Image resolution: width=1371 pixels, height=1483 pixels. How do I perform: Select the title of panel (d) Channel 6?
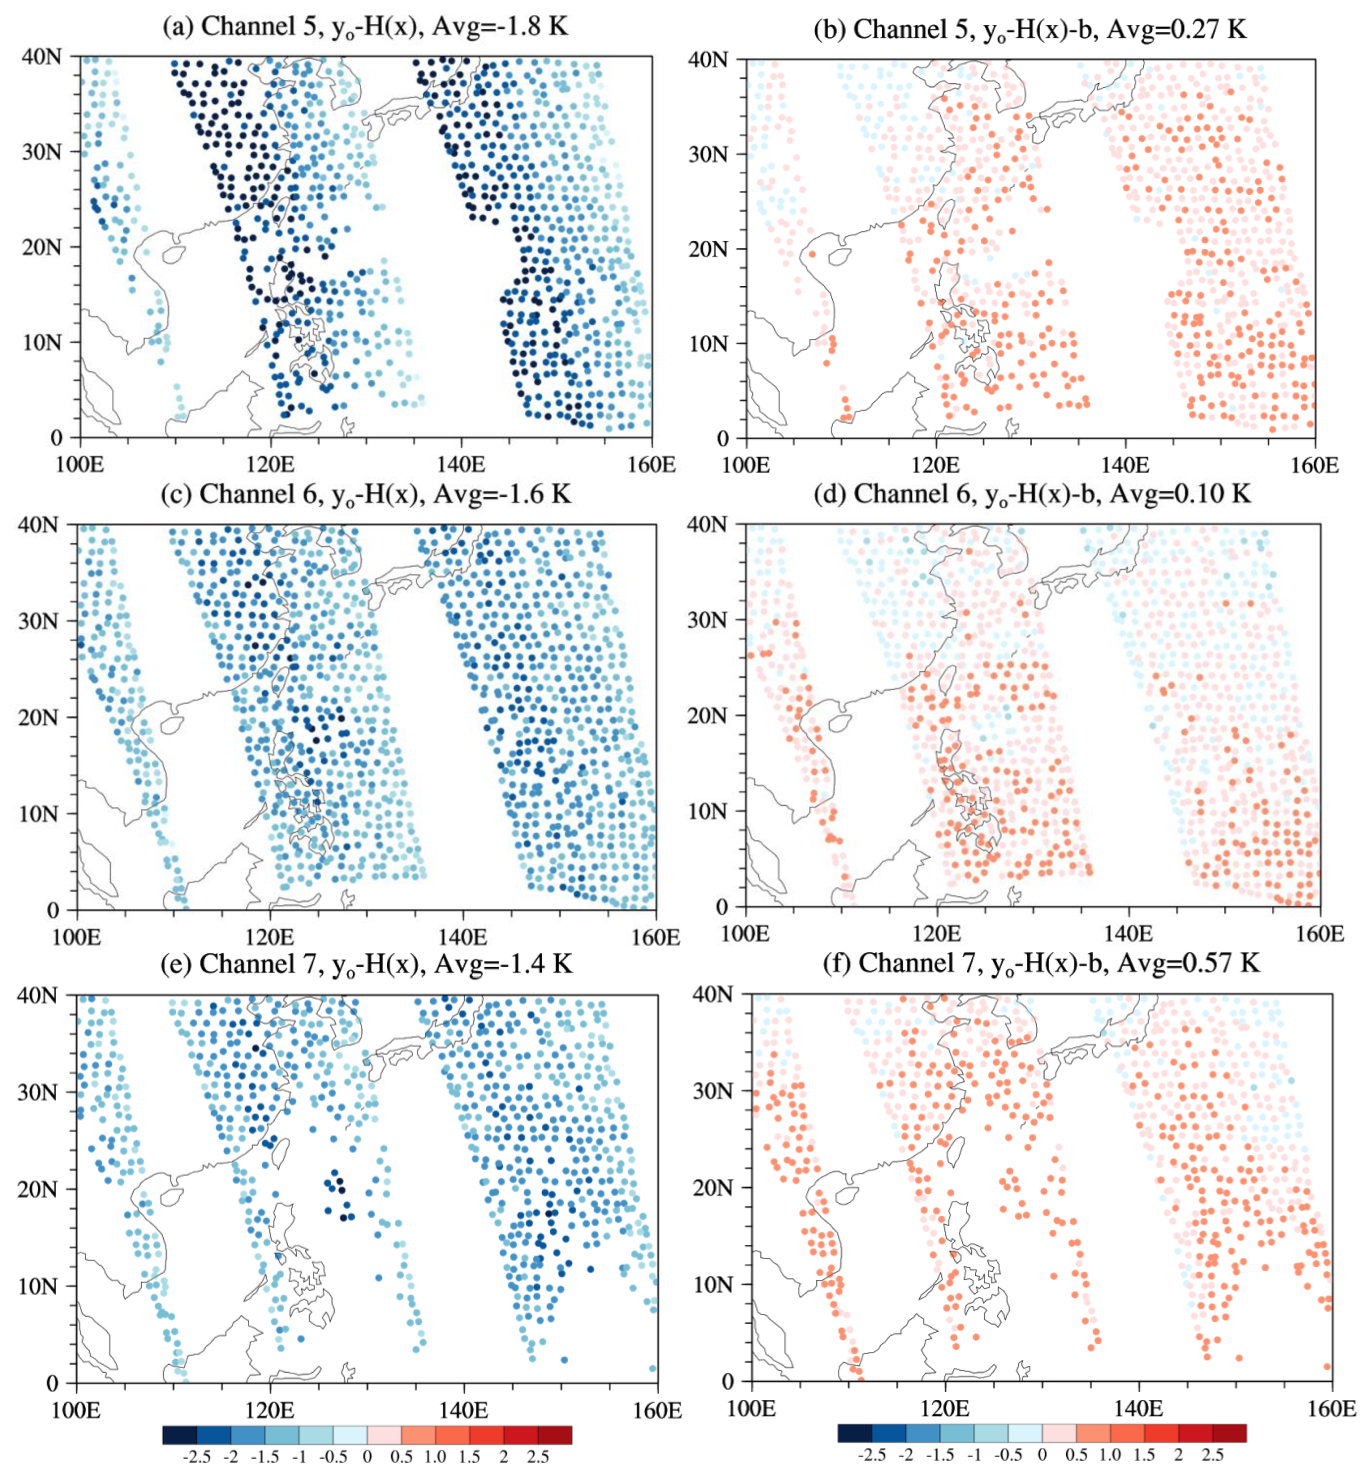[x=1033, y=493]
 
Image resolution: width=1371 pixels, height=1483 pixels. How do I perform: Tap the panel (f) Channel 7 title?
[x=1041, y=963]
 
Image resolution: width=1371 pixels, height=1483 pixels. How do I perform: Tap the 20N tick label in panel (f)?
[x=711, y=1188]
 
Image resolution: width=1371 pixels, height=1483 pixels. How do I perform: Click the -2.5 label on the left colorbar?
[x=197, y=1457]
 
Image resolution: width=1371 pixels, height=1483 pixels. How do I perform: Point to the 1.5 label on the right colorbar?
[x=1144, y=1455]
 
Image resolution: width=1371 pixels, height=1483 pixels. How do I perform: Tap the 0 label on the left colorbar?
[x=367, y=1457]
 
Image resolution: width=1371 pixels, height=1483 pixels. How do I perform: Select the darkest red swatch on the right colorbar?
[x=1229, y=1432]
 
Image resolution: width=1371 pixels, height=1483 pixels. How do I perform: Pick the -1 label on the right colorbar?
[x=975, y=1455]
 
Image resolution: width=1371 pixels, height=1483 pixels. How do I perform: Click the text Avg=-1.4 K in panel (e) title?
[x=503, y=963]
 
